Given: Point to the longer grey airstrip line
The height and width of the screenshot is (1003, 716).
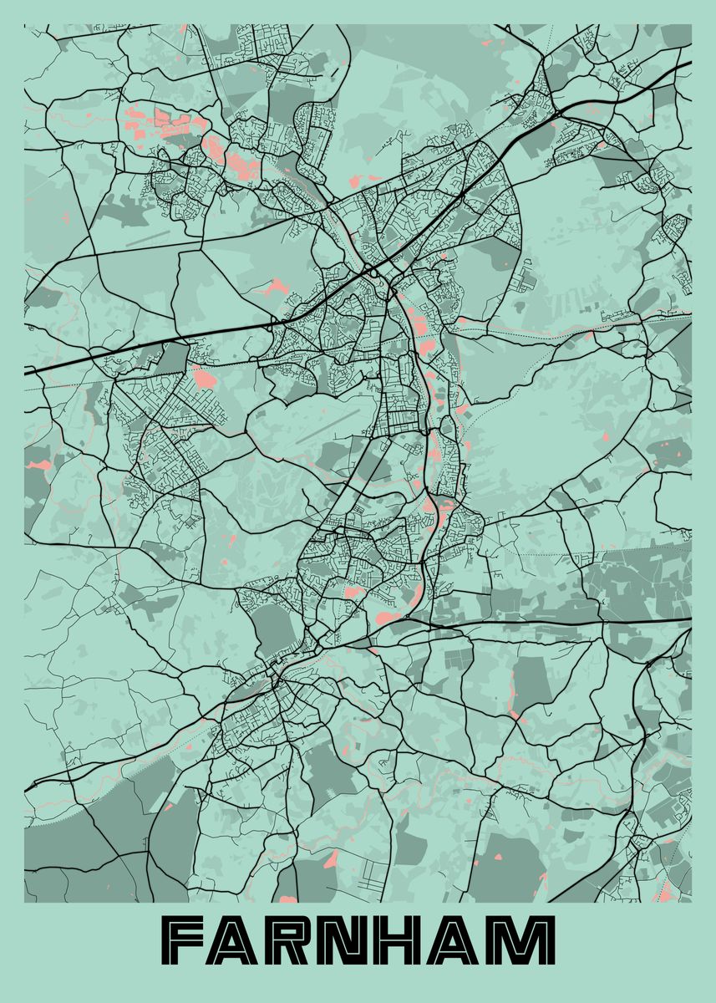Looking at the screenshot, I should (327, 426).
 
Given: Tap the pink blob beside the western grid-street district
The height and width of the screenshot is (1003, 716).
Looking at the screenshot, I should (203, 378).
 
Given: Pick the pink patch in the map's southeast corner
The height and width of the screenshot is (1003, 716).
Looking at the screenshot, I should (666, 893).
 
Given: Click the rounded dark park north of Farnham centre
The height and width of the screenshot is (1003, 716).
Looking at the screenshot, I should (272, 627).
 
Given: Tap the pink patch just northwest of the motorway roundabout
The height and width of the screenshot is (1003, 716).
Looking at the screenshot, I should (272, 288).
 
